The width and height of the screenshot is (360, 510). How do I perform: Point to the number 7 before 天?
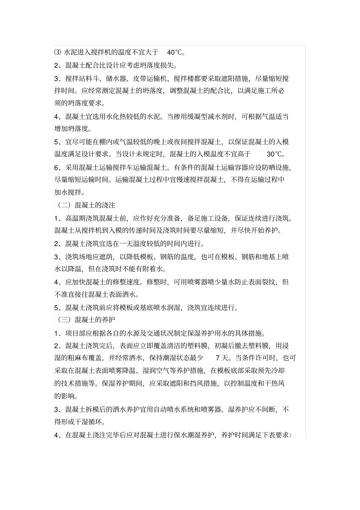[x=218, y=358]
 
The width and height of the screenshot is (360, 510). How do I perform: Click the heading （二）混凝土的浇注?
[x=86, y=205]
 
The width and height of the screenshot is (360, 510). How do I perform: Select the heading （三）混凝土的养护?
[x=86, y=319]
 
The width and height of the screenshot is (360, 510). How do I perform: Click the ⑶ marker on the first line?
[x=58, y=52]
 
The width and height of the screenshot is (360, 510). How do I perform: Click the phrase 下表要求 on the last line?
[x=275, y=435]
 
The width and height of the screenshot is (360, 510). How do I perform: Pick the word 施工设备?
[x=214, y=218]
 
